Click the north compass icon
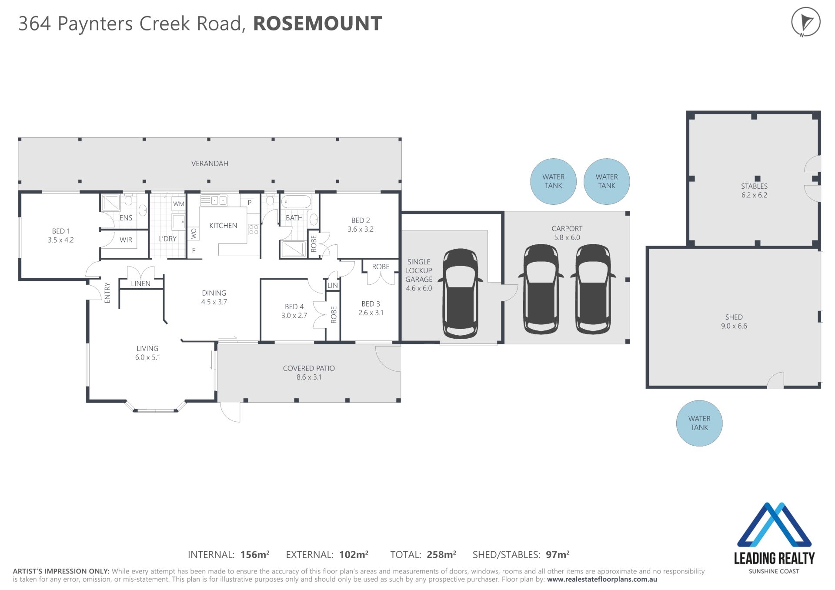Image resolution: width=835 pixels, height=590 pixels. pos(805,22)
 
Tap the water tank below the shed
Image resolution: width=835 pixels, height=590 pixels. pos(699,423)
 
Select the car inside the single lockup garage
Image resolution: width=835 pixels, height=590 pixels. pos(460,293)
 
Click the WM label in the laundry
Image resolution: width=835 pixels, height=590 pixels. pos(179,203)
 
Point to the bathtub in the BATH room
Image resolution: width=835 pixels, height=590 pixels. pos(296,202)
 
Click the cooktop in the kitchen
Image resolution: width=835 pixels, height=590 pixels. pos(254,230)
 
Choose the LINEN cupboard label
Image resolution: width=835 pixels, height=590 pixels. pos(140,283)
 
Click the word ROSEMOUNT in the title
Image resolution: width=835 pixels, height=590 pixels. pos(317,23)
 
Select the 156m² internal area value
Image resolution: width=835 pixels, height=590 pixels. pos(255,554)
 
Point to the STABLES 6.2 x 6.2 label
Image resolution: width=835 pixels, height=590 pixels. pos(754,190)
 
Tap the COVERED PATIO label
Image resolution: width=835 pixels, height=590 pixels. pos(309,373)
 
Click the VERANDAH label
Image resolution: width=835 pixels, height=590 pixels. pos(210,163)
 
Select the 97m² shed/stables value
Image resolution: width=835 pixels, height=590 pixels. pos(558,554)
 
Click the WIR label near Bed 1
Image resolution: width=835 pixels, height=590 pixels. pos(126,240)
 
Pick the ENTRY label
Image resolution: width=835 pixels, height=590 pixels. pos(107,292)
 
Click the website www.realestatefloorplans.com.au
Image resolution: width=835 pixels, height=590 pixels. pos(602,580)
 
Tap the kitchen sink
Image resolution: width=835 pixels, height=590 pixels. pos(214,200)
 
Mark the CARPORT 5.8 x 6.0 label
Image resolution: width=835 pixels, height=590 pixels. pos(567,233)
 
